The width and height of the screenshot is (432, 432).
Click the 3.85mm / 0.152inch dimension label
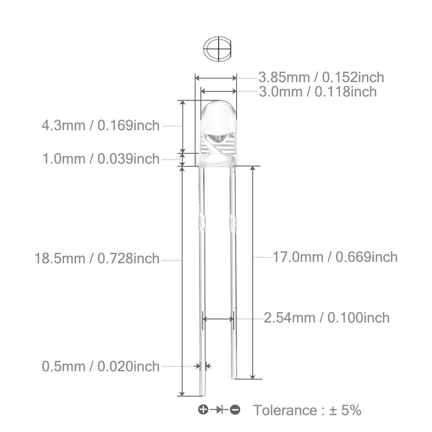321,77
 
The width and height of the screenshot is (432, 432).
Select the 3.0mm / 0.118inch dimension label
318,92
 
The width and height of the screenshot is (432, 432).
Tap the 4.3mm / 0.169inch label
101,126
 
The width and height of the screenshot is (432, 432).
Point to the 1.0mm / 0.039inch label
101,159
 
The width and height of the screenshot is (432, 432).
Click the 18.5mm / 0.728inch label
97,258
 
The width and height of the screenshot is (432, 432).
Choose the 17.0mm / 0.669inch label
335,257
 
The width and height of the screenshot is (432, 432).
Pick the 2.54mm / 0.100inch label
327,318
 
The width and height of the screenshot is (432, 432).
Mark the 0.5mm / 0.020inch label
101,366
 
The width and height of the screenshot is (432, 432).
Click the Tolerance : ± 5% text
307,410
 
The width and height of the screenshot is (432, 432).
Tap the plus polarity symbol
203,409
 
